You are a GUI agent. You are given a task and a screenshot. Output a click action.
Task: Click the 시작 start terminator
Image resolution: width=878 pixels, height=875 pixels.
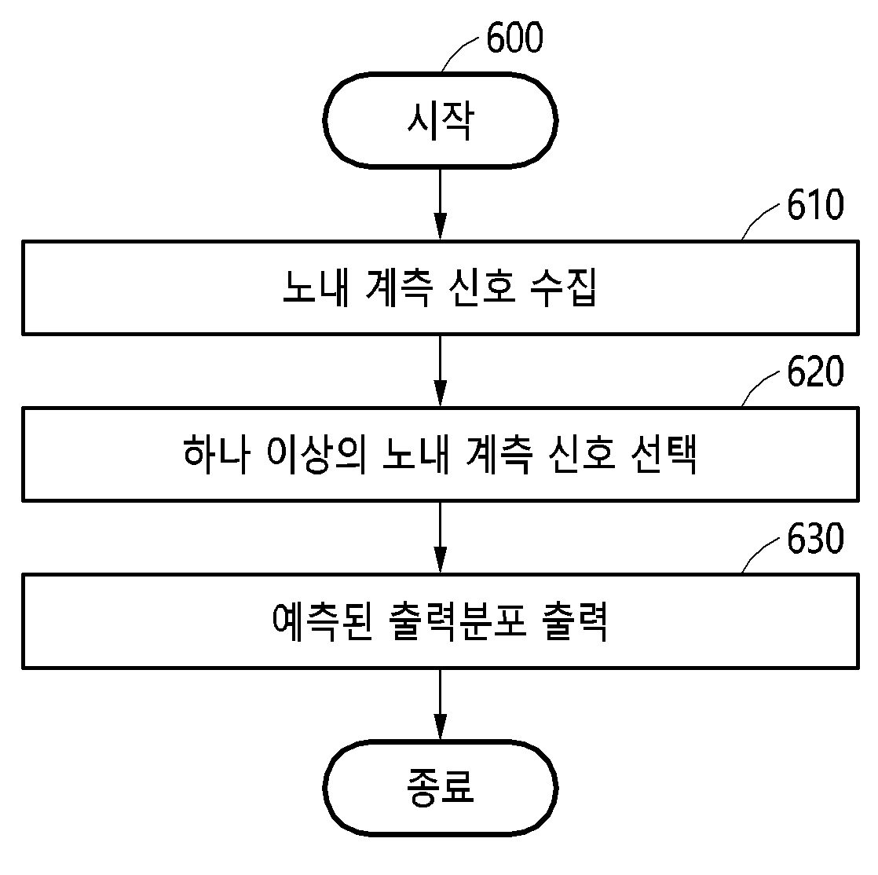pos(440,120)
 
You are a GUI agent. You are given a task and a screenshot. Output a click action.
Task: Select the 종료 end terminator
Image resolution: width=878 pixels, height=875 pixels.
pos(440,787)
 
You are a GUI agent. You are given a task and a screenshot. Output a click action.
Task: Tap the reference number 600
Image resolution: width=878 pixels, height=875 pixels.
pos(514,38)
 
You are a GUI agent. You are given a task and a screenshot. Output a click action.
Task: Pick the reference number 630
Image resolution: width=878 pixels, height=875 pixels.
pos(815,538)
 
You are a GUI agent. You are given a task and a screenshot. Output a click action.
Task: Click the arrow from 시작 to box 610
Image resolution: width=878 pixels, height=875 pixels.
pos(440,204)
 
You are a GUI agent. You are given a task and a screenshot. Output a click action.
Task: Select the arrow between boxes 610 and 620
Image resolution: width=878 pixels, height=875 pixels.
pos(440,371)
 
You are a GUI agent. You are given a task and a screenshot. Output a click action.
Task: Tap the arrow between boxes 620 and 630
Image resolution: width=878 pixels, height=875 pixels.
pos(440,538)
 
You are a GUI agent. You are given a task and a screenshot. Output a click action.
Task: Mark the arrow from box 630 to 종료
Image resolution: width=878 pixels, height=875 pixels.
pos(440,704)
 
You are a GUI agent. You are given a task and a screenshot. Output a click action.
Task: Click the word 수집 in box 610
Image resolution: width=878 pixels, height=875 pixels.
pos(563,288)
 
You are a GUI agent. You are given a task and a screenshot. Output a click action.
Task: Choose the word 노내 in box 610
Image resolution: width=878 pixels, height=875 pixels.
pos(316,288)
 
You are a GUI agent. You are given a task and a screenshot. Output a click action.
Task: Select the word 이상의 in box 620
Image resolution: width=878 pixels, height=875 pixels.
pos(316,454)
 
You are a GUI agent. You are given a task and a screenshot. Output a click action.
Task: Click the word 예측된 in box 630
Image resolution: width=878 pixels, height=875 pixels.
pos(321,621)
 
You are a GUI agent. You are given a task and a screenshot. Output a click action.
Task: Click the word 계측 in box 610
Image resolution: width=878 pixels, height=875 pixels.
pos(399,288)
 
